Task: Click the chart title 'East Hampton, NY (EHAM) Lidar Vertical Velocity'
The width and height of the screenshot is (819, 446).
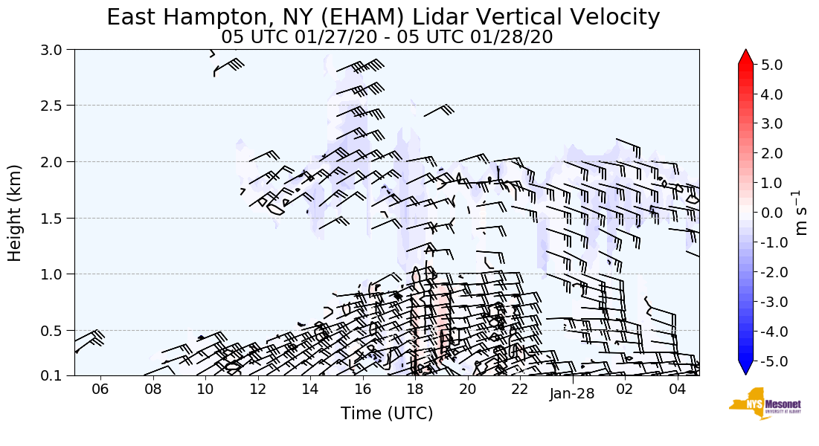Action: [x=383, y=17]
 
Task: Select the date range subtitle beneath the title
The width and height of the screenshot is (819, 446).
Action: [x=387, y=37]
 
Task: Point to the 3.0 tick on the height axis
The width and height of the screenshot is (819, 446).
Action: [x=55, y=50]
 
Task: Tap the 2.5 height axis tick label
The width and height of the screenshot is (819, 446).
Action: [x=55, y=106]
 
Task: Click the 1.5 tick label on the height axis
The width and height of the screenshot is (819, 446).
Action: [x=55, y=218]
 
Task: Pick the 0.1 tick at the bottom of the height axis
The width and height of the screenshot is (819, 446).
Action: [x=55, y=376]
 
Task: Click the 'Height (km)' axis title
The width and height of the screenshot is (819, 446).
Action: [x=16, y=213]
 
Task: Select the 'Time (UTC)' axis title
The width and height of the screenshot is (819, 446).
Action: [x=387, y=414]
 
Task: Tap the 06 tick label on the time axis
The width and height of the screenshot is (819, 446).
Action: [x=100, y=390]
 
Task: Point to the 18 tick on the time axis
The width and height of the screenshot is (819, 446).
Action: [x=414, y=390]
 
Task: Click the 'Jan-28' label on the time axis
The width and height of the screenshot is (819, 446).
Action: [x=572, y=395]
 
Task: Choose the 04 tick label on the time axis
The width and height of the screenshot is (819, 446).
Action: [x=677, y=390]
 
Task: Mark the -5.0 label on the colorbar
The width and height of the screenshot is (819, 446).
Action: [x=772, y=361]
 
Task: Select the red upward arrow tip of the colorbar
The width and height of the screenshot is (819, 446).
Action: [x=746, y=56]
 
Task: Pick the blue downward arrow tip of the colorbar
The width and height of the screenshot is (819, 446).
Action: [x=746, y=369]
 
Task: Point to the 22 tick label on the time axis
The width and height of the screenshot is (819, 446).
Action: [x=519, y=390]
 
